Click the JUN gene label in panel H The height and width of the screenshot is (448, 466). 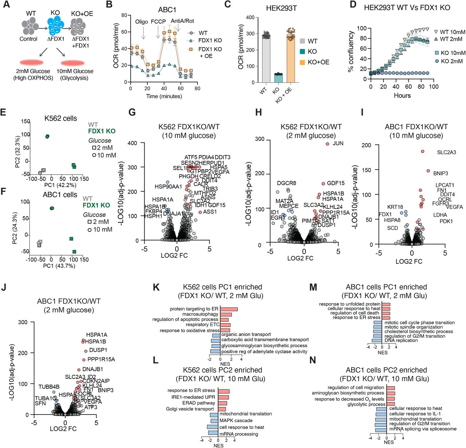point(338,143)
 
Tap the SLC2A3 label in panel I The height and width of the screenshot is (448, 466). point(446,152)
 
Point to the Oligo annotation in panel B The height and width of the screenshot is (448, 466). point(142,22)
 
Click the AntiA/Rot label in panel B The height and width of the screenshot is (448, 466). point(182,21)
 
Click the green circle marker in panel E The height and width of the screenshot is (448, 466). point(47,136)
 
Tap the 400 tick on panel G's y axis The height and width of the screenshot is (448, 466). point(132,143)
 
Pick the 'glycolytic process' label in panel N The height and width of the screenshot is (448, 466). point(366,404)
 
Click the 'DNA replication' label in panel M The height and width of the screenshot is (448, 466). point(401,341)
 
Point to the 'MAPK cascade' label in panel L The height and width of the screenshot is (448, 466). point(236,420)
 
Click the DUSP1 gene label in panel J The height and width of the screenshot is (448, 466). point(98,350)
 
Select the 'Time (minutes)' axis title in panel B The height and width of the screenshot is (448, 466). point(164,96)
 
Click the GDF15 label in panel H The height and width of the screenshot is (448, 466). point(336,183)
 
